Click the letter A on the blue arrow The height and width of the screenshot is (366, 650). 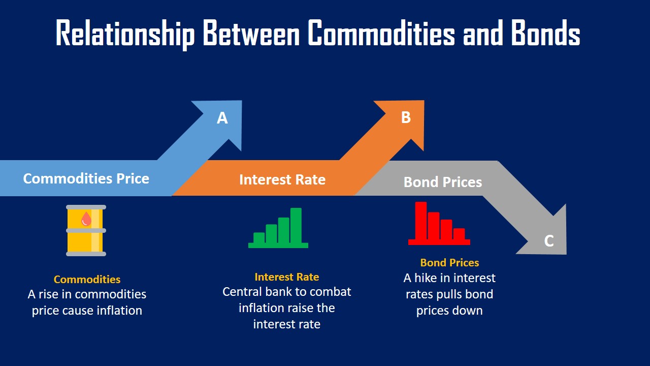222,118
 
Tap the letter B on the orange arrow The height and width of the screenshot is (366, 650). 406,117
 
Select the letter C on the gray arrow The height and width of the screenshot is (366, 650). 549,240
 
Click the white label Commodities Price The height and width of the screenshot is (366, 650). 86,178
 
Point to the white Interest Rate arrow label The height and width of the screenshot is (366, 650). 282,179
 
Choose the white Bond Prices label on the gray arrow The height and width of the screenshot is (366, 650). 443,182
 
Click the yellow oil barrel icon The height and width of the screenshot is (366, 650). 86,230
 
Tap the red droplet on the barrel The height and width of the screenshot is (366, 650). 86,219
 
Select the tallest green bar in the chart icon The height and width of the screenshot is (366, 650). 296,226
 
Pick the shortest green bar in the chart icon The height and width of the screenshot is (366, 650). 259,238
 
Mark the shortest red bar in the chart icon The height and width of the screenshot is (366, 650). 459,234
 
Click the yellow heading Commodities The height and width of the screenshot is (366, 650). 87,280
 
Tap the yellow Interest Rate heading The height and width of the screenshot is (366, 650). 287,277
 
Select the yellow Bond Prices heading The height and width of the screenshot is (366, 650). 449,263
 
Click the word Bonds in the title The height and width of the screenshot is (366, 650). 545,34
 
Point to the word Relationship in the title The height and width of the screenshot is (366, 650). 125,34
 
